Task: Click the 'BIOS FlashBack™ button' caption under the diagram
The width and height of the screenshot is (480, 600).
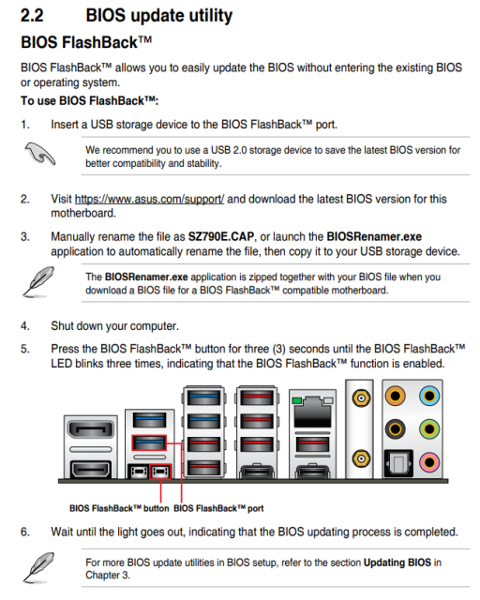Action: (x=119, y=508)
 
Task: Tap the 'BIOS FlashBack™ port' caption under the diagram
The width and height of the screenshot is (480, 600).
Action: (x=218, y=508)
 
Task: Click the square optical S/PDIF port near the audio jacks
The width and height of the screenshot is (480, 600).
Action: (x=396, y=460)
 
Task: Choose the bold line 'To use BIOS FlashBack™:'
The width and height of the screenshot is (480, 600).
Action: (x=90, y=100)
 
